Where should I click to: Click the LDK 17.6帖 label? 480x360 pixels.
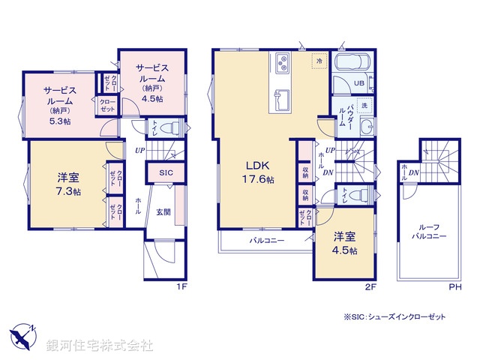point(256,172)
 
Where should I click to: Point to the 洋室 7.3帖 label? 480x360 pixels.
point(68,184)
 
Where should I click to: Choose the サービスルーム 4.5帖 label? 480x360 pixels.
point(150,82)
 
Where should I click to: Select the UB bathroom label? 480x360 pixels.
point(359,83)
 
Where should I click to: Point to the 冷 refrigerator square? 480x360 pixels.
point(319,61)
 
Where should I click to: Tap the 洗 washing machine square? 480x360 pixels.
point(364,106)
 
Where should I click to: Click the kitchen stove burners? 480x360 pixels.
point(283,62)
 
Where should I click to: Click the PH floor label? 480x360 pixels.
point(454,286)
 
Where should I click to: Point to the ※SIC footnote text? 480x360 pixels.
point(394,317)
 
